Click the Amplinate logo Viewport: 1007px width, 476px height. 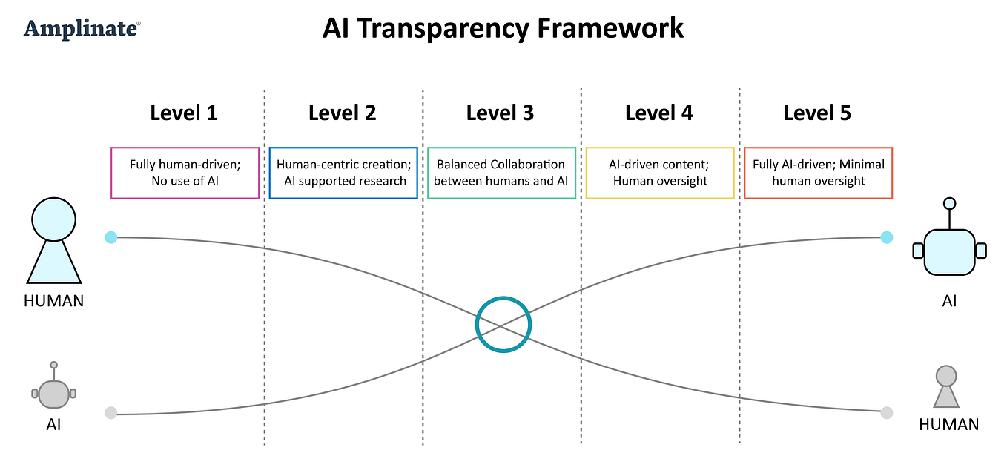tap(82, 30)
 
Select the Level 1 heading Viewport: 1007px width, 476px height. tap(184, 113)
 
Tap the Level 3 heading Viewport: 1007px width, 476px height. tap(500, 113)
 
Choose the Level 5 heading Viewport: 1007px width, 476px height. tap(817, 113)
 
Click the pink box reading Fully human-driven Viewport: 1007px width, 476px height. tap(185, 173)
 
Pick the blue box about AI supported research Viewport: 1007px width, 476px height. tap(343, 173)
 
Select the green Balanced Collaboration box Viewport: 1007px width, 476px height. tap(501, 173)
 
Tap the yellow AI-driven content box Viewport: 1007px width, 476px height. tap(660, 173)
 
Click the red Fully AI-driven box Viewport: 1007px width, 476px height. tap(818, 173)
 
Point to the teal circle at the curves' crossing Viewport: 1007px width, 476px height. tap(503, 324)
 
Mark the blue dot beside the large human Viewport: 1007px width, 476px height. tap(110, 237)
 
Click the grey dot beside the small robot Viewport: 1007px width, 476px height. tap(110, 413)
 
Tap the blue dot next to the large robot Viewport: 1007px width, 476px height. tap(886, 237)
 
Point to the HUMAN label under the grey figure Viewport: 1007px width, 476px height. tap(948, 425)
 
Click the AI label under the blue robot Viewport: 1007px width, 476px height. tap(949, 301)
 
